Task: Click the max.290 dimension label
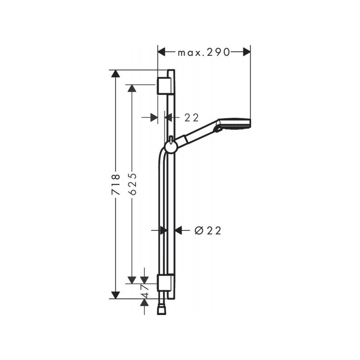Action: pos(203,52)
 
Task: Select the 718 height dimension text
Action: pos(116,184)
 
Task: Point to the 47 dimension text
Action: pos(145,290)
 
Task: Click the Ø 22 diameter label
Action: pos(208,230)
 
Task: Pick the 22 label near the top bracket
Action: pos(192,117)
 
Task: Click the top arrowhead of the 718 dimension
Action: pos(116,74)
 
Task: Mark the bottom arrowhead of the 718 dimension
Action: pos(116,294)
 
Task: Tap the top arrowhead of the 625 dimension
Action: pos(132,88)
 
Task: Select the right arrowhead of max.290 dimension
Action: pos(246,52)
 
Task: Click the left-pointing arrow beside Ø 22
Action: pos(179,230)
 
